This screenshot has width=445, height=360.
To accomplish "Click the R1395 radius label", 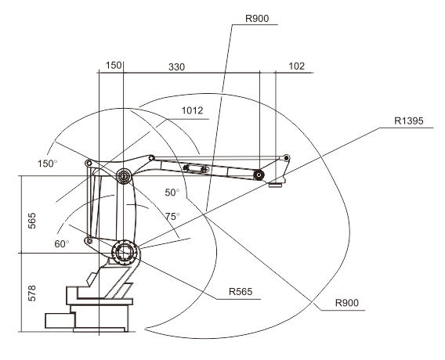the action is pos(408,121).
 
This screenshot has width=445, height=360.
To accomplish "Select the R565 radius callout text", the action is pos(241,292).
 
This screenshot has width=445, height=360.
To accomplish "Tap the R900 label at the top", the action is pos(257,19).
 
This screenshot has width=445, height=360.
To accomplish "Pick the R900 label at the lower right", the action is pos(347,303).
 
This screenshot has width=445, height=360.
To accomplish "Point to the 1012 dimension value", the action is pos(192,110).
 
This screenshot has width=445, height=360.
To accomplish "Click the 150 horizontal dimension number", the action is pos(114,66).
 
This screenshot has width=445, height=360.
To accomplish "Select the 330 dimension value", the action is pos(176,67).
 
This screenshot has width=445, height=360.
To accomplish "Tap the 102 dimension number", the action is pos(297,67).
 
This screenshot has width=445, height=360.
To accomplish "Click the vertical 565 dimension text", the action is pos(32,221).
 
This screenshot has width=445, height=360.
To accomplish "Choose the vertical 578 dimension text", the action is pos(32,293).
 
